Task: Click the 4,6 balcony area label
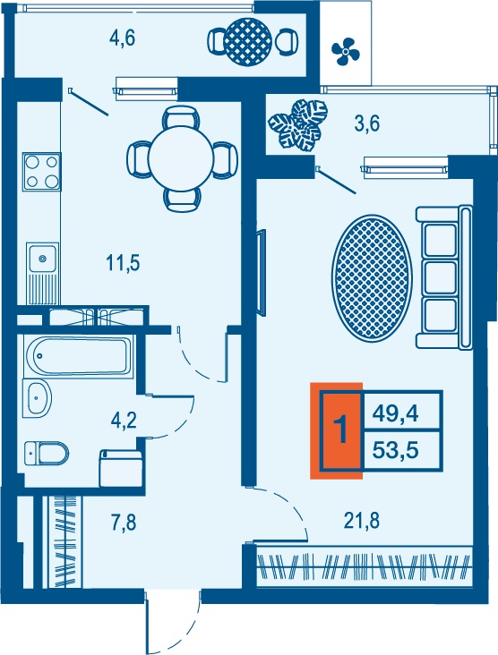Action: point(122,38)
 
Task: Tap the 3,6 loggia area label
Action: point(366,124)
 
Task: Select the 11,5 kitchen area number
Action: point(123,263)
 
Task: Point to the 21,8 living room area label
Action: point(361,521)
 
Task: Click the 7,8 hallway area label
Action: point(124,523)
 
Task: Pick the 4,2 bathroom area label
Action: point(124,421)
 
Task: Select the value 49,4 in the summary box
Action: point(396,414)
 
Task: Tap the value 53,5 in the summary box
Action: point(396,450)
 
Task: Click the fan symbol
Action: point(346,51)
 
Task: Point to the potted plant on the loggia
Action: point(297,125)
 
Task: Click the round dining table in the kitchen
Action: point(182,158)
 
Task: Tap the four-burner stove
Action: point(42,172)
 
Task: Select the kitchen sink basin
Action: point(42,259)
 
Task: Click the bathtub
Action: point(78,356)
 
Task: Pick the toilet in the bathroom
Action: point(47,454)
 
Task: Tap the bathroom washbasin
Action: point(38,398)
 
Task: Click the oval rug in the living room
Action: point(372,277)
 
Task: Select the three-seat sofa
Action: point(444,277)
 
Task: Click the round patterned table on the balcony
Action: point(247,42)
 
